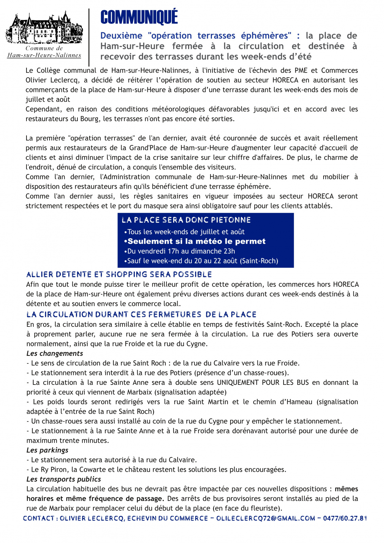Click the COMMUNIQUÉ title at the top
[139, 17]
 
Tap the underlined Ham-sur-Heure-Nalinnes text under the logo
[44, 55]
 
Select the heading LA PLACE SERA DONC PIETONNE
[186, 220]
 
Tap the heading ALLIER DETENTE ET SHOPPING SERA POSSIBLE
[119, 274]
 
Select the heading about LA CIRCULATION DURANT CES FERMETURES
[141, 315]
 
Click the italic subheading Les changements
[55, 353]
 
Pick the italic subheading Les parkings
[48, 450]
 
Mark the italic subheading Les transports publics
[64, 479]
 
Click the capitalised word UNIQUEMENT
[238, 382]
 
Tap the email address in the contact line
[266, 518]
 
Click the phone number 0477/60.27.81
[345, 518]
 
